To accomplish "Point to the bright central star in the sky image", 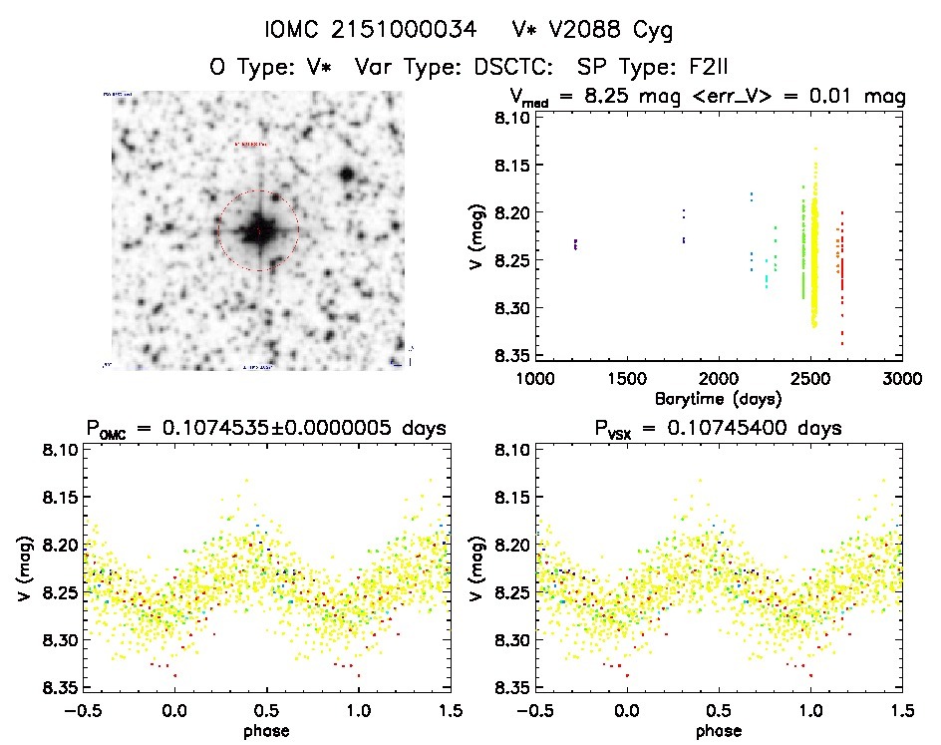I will pyautogui.click(x=258, y=230).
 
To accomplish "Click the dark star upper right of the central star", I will pyautogui.click(x=347, y=175).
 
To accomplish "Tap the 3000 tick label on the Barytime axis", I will pyautogui.click(x=901, y=379).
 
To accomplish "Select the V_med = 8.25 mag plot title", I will pyautogui.click(x=707, y=97).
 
